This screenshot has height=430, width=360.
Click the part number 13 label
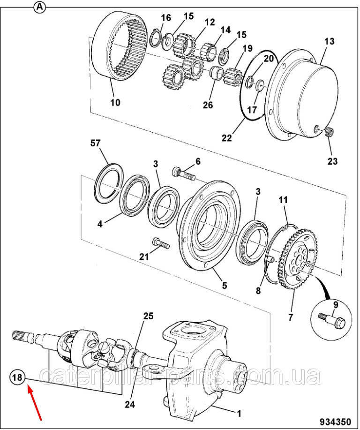tap(329, 41)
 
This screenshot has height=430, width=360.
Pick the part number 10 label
tap(115, 102)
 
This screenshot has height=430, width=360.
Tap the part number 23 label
tap(331, 161)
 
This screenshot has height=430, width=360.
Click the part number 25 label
tap(148, 316)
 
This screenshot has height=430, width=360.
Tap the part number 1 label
tap(239, 414)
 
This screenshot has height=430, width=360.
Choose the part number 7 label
tap(290, 317)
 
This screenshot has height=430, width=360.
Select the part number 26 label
tap(208, 105)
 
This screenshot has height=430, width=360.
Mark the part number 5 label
tap(224, 285)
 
